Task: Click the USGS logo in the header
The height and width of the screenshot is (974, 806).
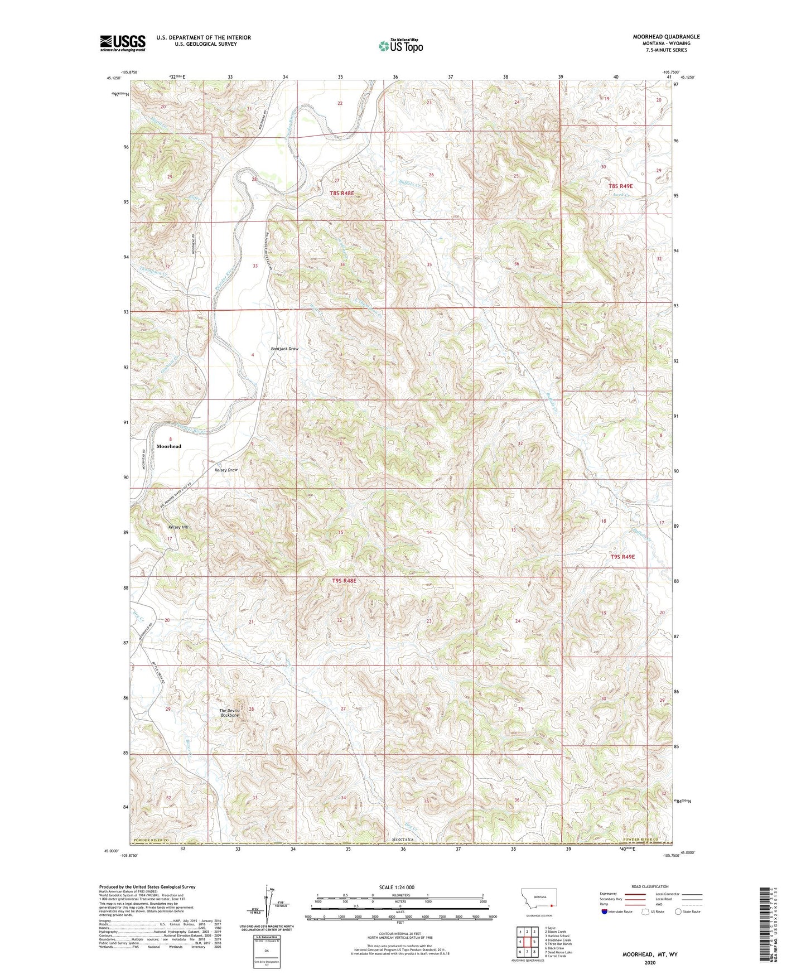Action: pos(123,43)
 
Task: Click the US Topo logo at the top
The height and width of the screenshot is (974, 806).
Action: pos(400,46)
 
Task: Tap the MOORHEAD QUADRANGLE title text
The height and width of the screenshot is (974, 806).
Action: pos(666,37)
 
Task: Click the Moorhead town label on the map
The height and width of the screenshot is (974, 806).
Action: pos(168,446)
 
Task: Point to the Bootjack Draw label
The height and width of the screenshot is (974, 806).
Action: pos(284,349)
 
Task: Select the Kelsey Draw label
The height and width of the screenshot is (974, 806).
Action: pos(226,470)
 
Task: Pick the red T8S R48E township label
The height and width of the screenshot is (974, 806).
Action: pos(342,193)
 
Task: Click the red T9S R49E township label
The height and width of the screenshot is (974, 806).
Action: pos(622,557)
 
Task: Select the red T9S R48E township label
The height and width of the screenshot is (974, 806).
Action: pos(344,581)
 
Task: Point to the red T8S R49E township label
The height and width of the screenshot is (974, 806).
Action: pos(621,186)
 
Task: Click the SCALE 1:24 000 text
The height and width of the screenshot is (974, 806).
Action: pos(397,888)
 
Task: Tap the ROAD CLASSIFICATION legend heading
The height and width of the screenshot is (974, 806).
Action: pos(650,886)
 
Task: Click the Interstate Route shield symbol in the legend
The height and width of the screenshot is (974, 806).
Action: pos(605,912)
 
